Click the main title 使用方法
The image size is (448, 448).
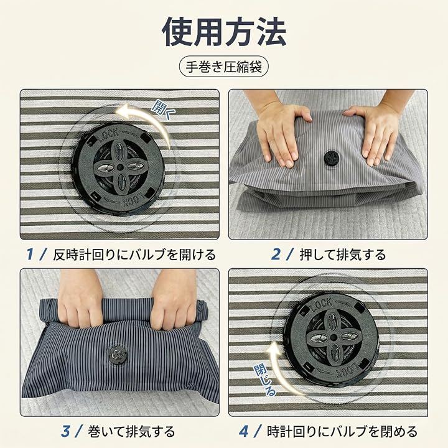224,32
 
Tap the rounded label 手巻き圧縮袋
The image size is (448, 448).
224,67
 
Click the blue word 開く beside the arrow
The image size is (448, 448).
161,110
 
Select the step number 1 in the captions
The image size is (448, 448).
29,254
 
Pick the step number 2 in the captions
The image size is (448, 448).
276,254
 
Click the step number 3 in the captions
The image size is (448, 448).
65,431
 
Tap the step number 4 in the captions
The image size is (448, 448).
243,431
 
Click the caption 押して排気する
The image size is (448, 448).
343,254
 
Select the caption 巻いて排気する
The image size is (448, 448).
131,431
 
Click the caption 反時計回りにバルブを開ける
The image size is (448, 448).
134,254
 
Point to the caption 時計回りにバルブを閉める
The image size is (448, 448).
342,431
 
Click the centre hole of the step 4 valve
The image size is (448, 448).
333,337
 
